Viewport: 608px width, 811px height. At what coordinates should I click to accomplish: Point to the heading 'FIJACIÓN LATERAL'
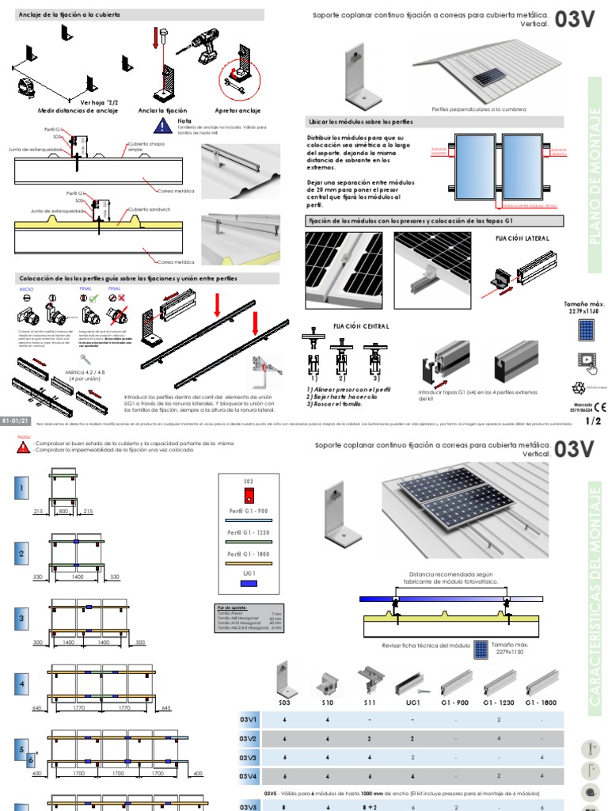pos(522,237)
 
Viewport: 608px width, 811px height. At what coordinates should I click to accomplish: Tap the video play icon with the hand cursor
pos(587,360)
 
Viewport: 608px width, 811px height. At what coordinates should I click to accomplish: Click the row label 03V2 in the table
pos(249,738)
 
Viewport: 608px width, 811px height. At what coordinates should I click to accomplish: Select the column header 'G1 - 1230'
pos(499,702)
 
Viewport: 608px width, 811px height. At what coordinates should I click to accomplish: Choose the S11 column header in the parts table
pos(368,702)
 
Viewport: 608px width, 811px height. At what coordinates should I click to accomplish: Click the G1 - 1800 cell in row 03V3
pos(542,757)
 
